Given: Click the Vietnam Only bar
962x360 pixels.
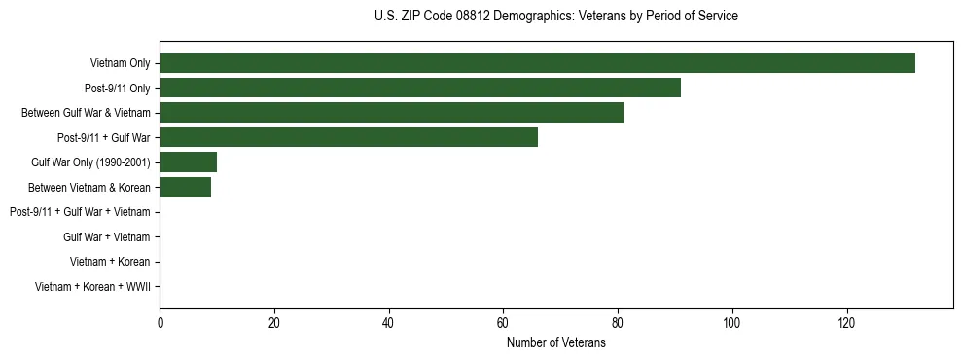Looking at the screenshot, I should [537, 63].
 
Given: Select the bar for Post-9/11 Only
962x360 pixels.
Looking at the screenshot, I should [420, 89].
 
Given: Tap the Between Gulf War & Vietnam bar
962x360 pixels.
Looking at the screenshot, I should [391, 113].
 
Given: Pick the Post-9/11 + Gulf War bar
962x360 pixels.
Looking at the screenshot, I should [348, 138].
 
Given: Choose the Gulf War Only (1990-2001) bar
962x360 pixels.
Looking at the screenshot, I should [188, 162].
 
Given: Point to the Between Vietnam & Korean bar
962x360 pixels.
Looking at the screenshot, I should [185, 187].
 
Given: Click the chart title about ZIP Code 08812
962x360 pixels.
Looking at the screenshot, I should [555, 17].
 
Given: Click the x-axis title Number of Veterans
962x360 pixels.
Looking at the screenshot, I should [555, 343].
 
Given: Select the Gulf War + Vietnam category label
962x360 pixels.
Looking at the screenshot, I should [106, 237].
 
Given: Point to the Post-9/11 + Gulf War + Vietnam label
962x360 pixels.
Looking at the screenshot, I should [80, 212].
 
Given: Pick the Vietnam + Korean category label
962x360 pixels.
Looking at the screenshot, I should [110, 262].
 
